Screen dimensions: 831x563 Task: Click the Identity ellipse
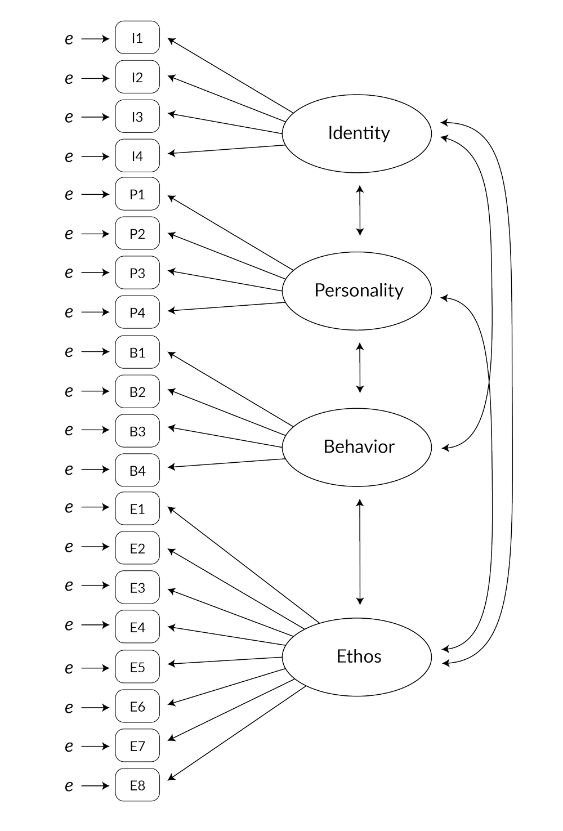pyautogui.click(x=358, y=133)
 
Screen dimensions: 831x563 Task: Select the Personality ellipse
pyautogui.click(x=358, y=291)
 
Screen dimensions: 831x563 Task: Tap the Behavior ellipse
pyautogui.click(x=358, y=447)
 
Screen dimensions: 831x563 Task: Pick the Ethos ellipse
pyautogui.click(x=358, y=656)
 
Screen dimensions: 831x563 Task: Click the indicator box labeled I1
pyautogui.click(x=137, y=38)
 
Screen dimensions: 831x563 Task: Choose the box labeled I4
pyautogui.click(x=137, y=155)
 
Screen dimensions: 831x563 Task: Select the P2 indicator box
pyautogui.click(x=137, y=234)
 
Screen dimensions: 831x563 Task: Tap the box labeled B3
pyautogui.click(x=137, y=431)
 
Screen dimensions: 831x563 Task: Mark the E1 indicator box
pyautogui.click(x=137, y=510)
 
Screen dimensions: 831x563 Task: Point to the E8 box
pyautogui.click(x=137, y=784)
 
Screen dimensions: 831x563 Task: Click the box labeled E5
pyautogui.click(x=137, y=667)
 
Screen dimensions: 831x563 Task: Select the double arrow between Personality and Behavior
pyautogui.click(x=360, y=368)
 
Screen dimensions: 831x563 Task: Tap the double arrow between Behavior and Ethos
pyautogui.click(x=360, y=552)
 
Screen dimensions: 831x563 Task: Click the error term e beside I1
pyautogui.click(x=69, y=39)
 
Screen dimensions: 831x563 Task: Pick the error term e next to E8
pyautogui.click(x=69, y=785)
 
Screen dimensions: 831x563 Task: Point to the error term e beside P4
pyautogui.click(x=69, y=312)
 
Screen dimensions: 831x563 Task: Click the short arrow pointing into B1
pyautogui.click(x=95, y=352)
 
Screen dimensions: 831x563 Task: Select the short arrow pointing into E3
pyautogui.click(x=95, y=587)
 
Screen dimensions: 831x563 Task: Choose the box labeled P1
pyautogui.click(x=137, y=195)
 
